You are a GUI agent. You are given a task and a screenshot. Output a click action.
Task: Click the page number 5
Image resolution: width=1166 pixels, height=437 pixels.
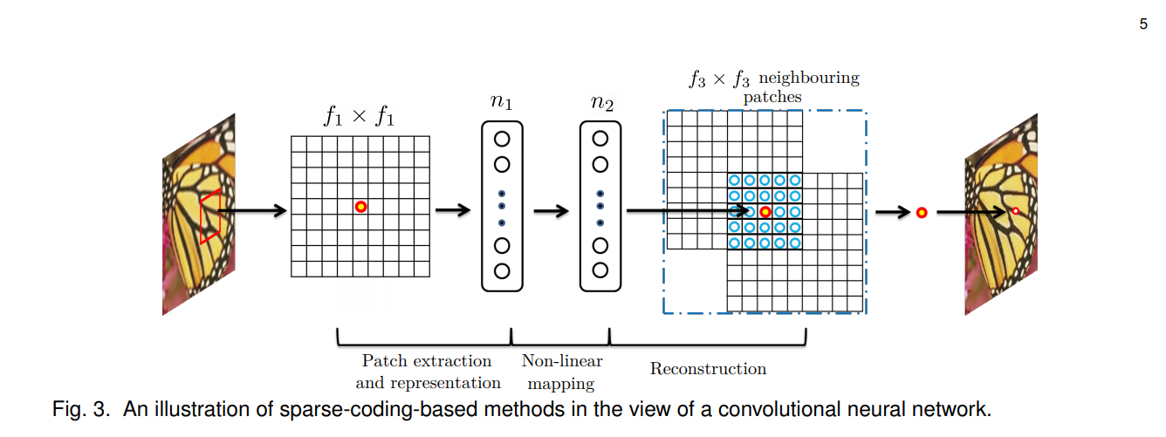click(x=1143, y=24)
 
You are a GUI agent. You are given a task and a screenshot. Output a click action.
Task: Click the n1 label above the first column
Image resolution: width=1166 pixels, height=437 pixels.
click(x=501, y=103)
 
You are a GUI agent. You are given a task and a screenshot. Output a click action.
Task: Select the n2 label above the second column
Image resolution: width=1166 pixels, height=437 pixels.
click(x=600, y=103)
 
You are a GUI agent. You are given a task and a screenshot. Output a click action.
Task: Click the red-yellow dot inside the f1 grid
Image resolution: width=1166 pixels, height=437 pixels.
click(x=360, y=207)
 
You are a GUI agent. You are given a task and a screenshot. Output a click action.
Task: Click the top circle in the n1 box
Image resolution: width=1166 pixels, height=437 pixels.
click(x=502, y=139)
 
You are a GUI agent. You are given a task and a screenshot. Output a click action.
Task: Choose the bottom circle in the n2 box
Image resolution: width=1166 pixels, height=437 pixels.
click(x=600, y=270)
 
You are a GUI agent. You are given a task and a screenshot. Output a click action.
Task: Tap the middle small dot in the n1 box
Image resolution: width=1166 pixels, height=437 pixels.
click(x=502, y=208)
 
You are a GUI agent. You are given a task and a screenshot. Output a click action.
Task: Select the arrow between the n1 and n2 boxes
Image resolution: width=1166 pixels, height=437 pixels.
click(x=552, y=210)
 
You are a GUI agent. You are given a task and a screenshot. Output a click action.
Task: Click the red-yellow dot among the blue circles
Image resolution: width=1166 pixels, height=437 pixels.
click(x=765, y=212)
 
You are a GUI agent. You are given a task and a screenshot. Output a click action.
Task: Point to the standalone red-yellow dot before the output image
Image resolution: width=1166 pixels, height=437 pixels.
click(x=921, y=212)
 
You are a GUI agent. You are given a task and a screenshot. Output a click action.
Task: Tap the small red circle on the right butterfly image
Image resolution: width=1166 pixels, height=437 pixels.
click(x=1015, y=211)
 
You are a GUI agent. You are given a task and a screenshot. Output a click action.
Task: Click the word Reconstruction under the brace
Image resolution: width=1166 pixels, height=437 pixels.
click(x=708, y=369)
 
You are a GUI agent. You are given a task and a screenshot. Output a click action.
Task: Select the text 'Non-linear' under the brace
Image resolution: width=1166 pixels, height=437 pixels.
click(x=562, y=361)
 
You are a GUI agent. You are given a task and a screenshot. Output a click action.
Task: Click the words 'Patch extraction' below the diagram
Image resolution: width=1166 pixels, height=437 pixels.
click(x=427, y=361)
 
